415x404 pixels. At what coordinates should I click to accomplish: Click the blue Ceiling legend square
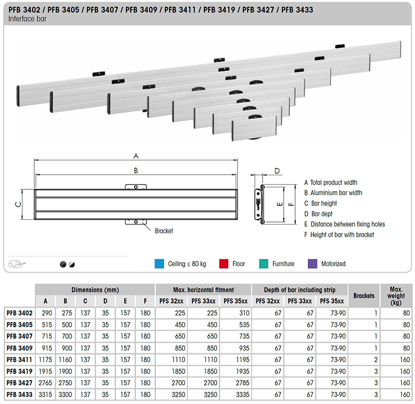click(x=159, y=264)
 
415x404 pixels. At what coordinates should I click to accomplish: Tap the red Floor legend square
click(x=224, y=264)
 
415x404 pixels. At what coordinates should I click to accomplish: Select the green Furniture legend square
click(x=264, y=264)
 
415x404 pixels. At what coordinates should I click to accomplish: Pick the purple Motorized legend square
click(x=313, y=264)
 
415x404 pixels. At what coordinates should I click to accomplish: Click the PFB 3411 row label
click(x=19, y=360)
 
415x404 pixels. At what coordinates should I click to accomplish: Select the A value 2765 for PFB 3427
click(x=45, y=383)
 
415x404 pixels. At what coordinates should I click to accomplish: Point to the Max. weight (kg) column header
click(x=396, y=296)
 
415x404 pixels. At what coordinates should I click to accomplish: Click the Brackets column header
click(x=364, y=296)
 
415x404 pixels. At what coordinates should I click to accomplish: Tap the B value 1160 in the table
click(x=65, y=360)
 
